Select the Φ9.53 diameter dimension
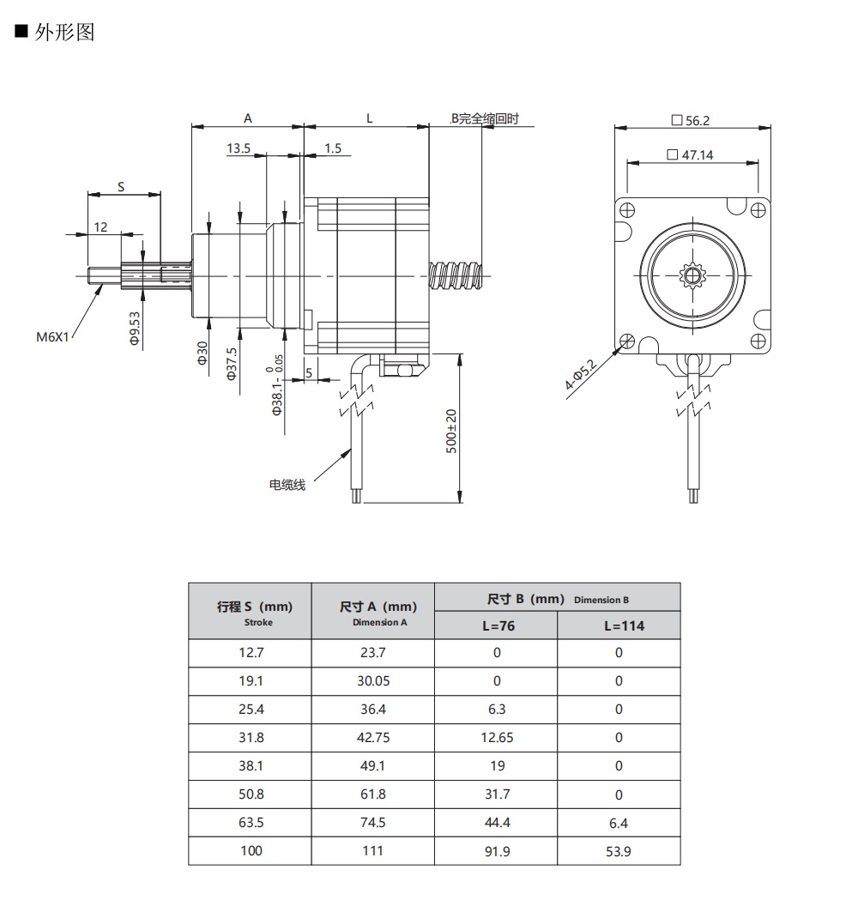(x=135, y=328)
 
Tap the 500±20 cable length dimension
(x=451, y=431)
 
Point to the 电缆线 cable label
(x=287, y=486)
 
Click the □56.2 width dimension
(x=691, y=121)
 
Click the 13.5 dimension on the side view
(x=239, y=148)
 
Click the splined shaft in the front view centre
(x=691, y=275)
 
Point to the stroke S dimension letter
(x=121, y=186)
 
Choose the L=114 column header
(x=619, y=625)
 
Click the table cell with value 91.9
(x=496, y=851)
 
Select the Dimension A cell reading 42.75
(x=373, y=738)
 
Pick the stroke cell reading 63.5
(x=251, y=823)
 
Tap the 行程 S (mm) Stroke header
(x=251, y=612)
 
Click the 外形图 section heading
(x=63, y=33)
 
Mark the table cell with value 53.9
(x=619, y=851)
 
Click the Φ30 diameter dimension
(x=203, y=353)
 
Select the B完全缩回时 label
(x=485, y=119)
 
